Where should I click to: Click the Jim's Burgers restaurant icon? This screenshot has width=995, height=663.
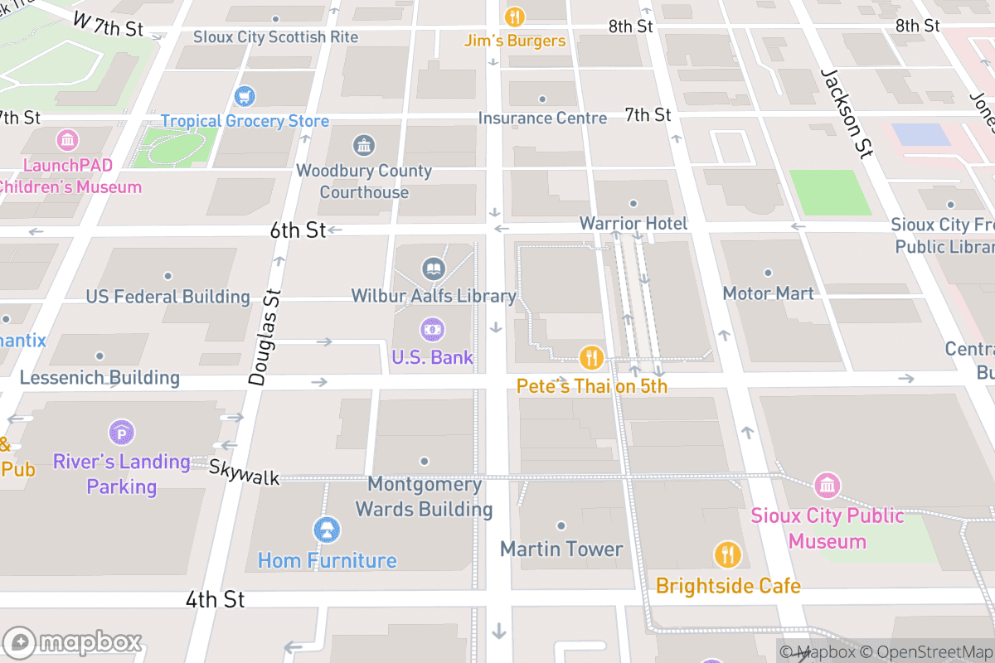514,17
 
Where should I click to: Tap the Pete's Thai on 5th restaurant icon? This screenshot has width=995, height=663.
590,357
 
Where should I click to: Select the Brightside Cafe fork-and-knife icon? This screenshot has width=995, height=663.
727,554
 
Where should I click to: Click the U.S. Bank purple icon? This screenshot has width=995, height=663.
432,329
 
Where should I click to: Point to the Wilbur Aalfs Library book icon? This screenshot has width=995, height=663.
433,269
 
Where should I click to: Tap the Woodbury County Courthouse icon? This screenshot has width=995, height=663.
364,146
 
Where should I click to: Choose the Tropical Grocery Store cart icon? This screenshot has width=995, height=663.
245,97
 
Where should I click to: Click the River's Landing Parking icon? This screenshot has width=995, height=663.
122,432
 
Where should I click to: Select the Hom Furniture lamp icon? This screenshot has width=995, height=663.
327,530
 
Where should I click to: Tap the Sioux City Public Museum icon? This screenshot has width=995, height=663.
827,485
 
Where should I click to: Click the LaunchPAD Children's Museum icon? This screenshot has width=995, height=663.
68,138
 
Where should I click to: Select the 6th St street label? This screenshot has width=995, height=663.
298,230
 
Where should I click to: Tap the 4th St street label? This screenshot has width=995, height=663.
215,599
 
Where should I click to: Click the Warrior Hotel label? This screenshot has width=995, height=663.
633,224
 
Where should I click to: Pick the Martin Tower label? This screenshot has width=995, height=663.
561,549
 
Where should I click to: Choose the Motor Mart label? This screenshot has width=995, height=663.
768,293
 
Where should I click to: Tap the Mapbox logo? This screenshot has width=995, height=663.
73,642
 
